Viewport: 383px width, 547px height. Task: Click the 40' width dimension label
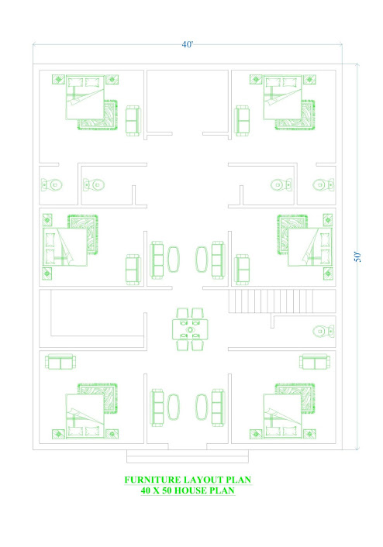tap(187, 45)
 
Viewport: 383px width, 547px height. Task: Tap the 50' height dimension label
tap(357, 256)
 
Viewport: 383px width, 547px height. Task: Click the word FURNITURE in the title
tap(153, 480)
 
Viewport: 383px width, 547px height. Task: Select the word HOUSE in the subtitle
tap(190, 490)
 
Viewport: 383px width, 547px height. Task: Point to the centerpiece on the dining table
tap(190, 329)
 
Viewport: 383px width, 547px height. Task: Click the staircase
tap(282, 301)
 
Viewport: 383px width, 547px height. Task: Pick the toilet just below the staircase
tap(323, 331)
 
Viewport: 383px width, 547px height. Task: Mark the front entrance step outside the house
tap(188, 456)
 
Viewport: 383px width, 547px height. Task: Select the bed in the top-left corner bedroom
tap(85, 98)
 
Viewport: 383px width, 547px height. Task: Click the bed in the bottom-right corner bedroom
tap(282, 416)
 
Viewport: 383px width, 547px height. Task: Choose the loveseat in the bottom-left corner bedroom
tap(60, 361)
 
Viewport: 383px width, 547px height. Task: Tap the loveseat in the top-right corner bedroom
tap(243, 120)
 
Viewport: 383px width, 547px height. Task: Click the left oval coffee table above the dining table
tap(174, 260)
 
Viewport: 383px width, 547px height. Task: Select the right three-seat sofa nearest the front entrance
tap(218, 407)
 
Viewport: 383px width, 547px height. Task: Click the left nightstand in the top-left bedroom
tap(58, 79)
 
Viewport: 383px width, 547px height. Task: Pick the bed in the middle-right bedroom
tap(309, 247)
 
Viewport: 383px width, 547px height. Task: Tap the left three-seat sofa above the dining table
tap(157, 260)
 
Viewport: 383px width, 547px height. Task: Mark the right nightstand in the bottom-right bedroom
tap(309, 434)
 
